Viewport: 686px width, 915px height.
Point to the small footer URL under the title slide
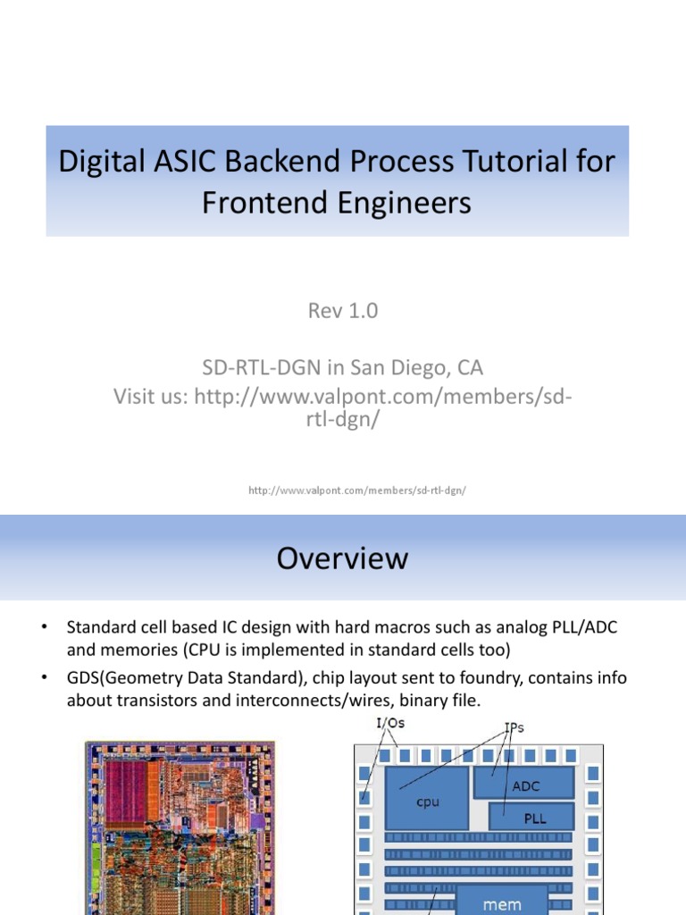point(357,491)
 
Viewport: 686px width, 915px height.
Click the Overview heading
point(342,558)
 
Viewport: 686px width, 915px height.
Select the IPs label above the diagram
point(514,727)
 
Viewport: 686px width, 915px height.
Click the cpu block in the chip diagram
point(428,802)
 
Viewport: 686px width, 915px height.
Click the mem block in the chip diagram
point(502,903)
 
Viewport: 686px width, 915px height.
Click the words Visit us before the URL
point(147,396)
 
